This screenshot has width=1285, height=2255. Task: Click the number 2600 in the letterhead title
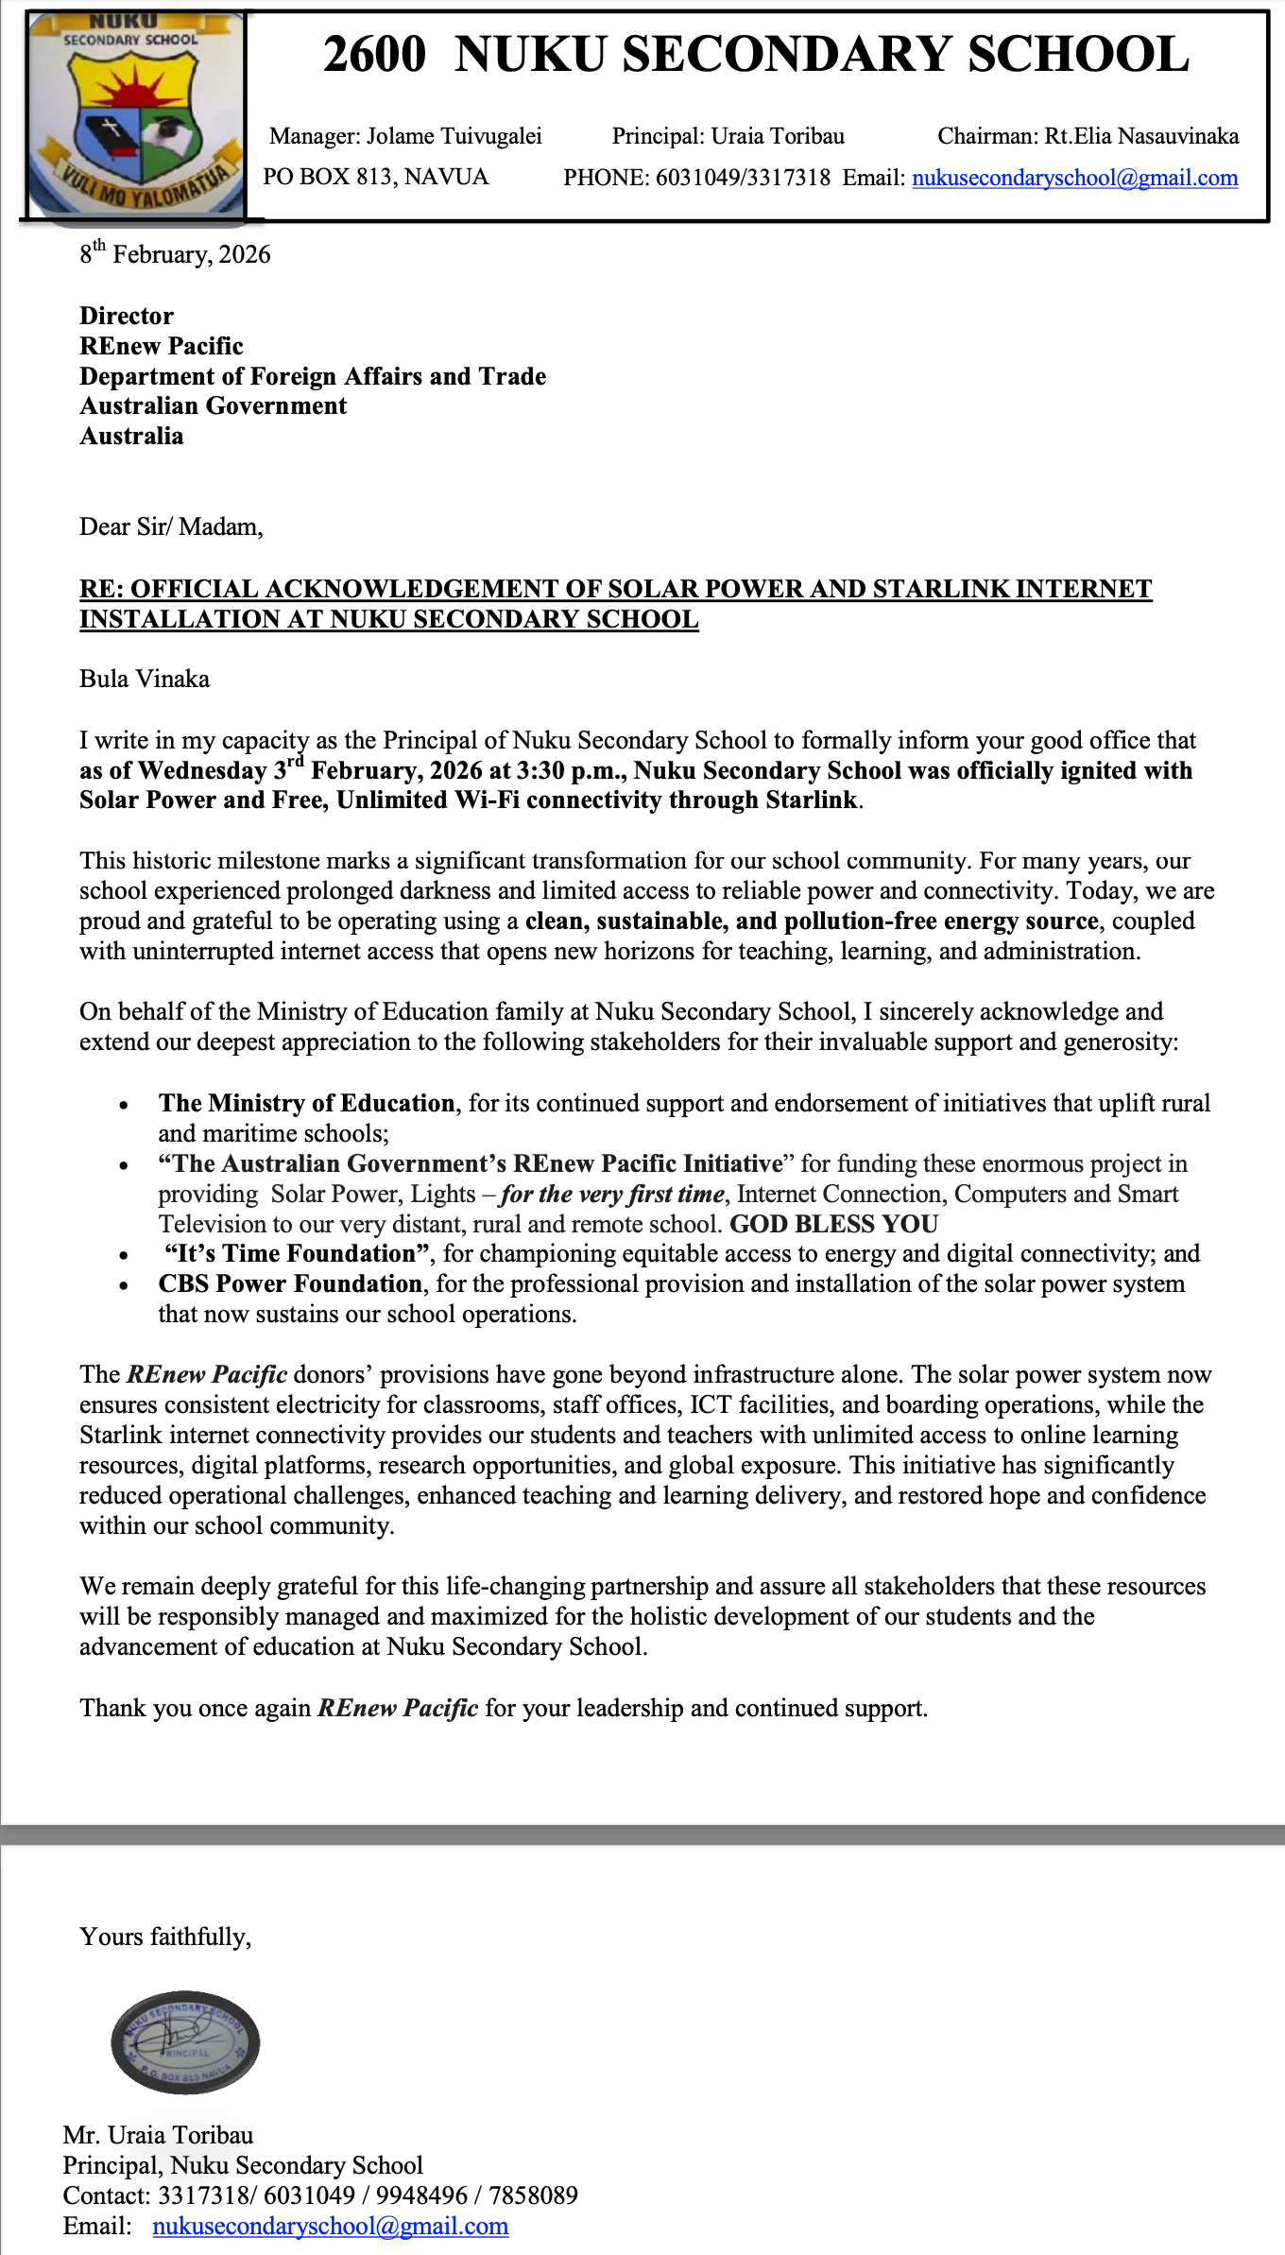tap(374, 55)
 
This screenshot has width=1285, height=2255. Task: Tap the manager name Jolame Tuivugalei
tap(454, 137)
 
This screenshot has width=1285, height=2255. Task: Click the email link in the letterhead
tap(1074, 179)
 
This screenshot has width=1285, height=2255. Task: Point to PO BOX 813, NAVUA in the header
tap(375, 178)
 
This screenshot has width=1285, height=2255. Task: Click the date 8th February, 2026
tap(175, 254)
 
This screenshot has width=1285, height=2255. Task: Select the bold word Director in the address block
tap(127, 316)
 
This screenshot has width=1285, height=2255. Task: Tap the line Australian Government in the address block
tap(213, 406)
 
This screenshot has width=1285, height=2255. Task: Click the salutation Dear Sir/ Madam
tap(171, 526)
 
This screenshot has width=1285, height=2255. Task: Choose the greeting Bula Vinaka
tap(145, 680)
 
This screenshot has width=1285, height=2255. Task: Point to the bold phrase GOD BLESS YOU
tap(833, 1225)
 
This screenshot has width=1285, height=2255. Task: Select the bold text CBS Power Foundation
tap(290, 1284)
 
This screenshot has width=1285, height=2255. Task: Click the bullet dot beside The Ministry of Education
tap(124, 1105)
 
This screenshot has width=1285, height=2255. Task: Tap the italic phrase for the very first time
tap(612, 1195)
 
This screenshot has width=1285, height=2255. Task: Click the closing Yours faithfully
tap(165, 1937)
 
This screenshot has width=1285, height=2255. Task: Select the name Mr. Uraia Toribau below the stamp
tap(158, 2135)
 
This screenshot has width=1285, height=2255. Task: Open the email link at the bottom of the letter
tap(331, 2226)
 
